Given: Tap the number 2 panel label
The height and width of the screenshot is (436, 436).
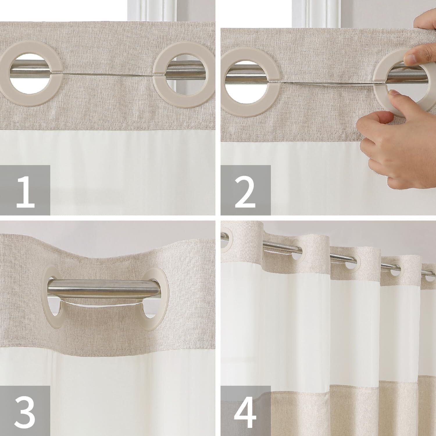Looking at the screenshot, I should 246,190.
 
